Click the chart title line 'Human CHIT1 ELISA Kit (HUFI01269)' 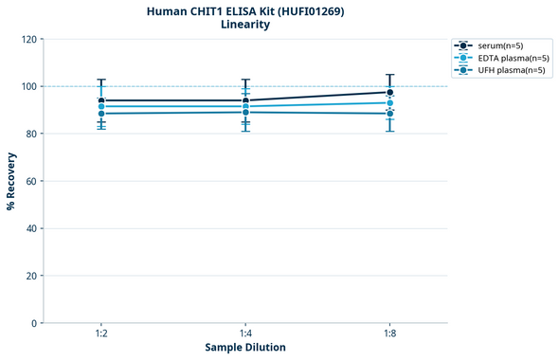tap(245, 10)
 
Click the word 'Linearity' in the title tap(245, 25)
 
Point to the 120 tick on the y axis tap(28, 39)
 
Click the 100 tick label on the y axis tap(28, 86)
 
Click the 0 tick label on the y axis tap(34, 323)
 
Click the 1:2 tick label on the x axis tap(101, 334)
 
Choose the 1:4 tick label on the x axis tap(245, 334)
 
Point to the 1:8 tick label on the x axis tap(389, 334)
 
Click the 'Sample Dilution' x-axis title tap(245, 348)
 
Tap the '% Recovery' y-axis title tap(11, 181)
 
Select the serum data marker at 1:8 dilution tap(389, 92)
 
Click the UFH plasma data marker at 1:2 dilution tap(101, 114)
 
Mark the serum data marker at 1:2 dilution tap(101, 100)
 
